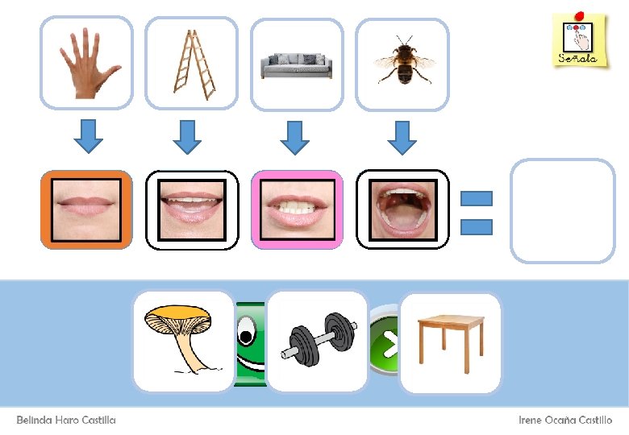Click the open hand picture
(x=85, y=63)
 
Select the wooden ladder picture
(x=192, y=63)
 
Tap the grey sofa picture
(x=297, y=63)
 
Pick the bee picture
(x=402, y=63)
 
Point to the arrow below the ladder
(x=188, y=136)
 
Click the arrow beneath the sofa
(x=295, y=136)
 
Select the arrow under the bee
(x=401, y=136)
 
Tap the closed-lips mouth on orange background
(x=86, y=209)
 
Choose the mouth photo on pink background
(x=297, y=209)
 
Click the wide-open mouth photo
(x=402, y=209)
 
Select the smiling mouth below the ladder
(x=192, y=209)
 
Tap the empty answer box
(x=563, y=211)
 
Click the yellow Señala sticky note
(x=579, y=39)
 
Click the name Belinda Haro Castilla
(x=66, y=420)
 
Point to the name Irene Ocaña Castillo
(x=565, y=420)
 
